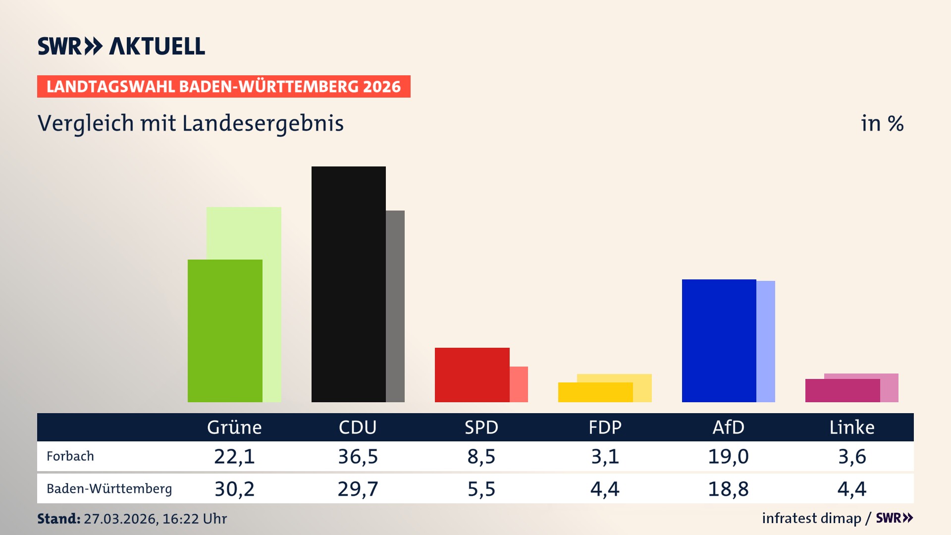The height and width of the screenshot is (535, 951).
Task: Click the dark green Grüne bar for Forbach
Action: tap(225, 330)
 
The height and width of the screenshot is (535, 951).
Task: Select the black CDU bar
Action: tap(348, 284)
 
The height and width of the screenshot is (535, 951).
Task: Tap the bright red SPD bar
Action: tap(472, 374)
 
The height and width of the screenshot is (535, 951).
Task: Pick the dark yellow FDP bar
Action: tap(595, 392)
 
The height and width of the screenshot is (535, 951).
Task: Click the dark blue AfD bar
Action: tap(719, 340)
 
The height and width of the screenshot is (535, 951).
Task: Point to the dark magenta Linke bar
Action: tap(842, 390)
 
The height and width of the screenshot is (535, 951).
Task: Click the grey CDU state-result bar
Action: tap(395, 306)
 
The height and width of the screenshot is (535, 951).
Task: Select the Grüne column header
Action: tap(234, 427)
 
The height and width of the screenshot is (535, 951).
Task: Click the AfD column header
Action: tap(728, 427)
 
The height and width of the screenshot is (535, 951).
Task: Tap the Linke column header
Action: tap(852, 427)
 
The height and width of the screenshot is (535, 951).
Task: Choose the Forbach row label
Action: tap(70, 456)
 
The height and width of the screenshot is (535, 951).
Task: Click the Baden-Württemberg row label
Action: tap(109, 489)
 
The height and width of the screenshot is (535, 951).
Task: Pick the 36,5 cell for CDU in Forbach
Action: tap(358, 456)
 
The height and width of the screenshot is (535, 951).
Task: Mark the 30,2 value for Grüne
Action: tap(234, 489)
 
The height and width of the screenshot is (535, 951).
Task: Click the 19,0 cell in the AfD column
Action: tap(728, 456)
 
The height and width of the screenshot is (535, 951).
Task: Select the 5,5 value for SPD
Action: tap(481, 489)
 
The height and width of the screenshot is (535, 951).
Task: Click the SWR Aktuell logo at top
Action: tap(121, 46)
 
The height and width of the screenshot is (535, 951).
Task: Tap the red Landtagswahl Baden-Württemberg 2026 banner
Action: tap(223, 87)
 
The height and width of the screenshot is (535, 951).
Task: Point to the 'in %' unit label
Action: tap(882, 123)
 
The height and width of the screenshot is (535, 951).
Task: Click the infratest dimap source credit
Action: tap(811, 518)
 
